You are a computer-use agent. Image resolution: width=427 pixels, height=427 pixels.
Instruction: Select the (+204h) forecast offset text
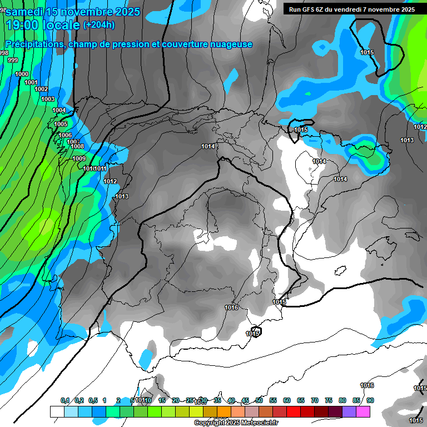(98, 25)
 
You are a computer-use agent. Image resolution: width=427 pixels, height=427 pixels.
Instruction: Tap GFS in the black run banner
(308, 9)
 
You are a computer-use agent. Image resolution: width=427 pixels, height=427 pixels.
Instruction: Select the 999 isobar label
(12, 61)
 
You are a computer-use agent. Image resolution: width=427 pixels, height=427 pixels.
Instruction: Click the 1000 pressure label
(22, 74)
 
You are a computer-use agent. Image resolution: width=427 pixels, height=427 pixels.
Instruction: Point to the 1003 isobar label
(48, 99)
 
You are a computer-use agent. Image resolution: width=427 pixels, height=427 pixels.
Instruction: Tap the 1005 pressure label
(60, 124)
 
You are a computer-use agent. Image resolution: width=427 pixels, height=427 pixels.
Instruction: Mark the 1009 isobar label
(79, 158)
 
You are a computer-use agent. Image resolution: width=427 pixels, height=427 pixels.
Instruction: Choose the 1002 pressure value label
(41, 89)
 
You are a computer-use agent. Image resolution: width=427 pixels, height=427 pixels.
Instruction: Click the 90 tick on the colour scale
(370, 401)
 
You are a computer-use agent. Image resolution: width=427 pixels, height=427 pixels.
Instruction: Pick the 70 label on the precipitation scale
(315, 401)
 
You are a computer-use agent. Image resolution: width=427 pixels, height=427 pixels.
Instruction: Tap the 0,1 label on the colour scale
(64, 401)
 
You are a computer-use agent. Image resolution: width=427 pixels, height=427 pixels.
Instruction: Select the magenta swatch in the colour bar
(363, 411)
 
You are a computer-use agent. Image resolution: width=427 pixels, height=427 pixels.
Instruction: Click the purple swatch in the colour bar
(349, 411)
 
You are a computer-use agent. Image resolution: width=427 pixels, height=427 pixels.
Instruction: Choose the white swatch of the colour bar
(57, 411)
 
